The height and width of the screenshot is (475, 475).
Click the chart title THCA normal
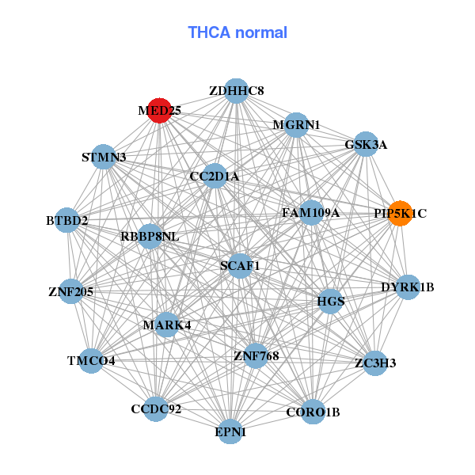click(237, 32)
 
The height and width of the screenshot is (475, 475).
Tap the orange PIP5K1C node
click(400, 213)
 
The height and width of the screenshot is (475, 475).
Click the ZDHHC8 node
click(236, 91)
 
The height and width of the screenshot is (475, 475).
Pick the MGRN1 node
click(296, 125)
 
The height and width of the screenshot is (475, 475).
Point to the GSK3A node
click(365, 145)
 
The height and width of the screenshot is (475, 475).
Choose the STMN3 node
click(104, 157)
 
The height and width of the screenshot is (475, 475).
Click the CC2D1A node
click(214, 176)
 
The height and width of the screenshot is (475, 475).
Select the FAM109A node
click(311, 212)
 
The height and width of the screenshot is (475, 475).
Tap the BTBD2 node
click(67, 219)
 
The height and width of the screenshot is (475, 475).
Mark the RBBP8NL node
click(150, 237)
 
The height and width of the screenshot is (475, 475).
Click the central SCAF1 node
click(240, 265)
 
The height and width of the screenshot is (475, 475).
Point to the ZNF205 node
click(71, 291)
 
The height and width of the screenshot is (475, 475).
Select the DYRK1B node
click(407, 287)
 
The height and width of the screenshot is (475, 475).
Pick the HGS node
click(330, 301)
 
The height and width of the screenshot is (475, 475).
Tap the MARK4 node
click(166, 325)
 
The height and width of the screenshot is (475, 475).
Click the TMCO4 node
click(91, 361)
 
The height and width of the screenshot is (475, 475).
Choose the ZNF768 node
click(256, 355)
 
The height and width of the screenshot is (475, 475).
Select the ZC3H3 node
click(374, 363)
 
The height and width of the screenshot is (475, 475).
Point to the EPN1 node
click(230, 432)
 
